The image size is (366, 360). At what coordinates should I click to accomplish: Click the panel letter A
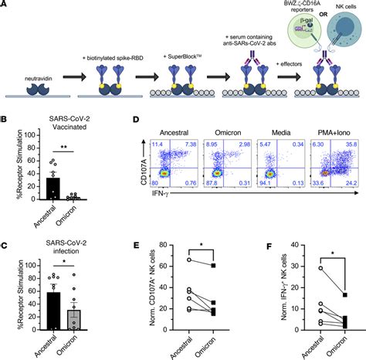click(5, 5)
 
